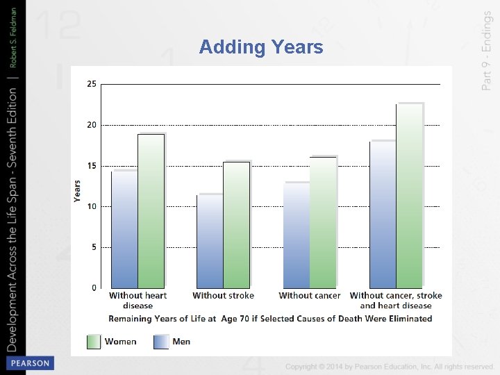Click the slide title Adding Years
pyautogui.click(x=260, y=47)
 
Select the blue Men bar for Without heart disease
pyautogui.click(x=124, y=229)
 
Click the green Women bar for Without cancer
pyautogui.click(x=323, y=222)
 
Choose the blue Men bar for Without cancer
pyautogui.click(x=297, y=235)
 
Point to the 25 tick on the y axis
pyautogui.click(x=92, y=84)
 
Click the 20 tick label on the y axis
pyautogui.click(x=92, y=125)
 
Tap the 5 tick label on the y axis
pyautogui.click(x=94, y=247)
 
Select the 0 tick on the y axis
pyautogui.click(x=94, y=287)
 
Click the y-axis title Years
pyautogui.click(x=78, y=191)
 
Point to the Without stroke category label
pyautogui.click(x=224, y=296)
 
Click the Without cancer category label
pyautogui.click(x=310, y=296)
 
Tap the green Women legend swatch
pyautogui.click(x=94, y=342)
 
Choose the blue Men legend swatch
pyautogui.click(x=161, y=342)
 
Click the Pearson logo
pyautogui.click(x=28, y=363)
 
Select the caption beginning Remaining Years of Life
pyautogui.click(x=270, y=319)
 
